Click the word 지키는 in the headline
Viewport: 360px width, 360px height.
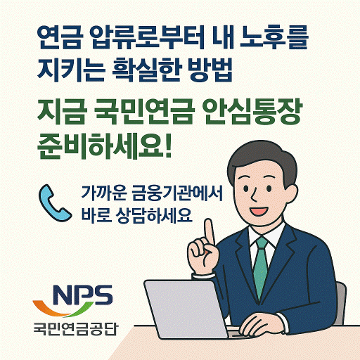point(67,70)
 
